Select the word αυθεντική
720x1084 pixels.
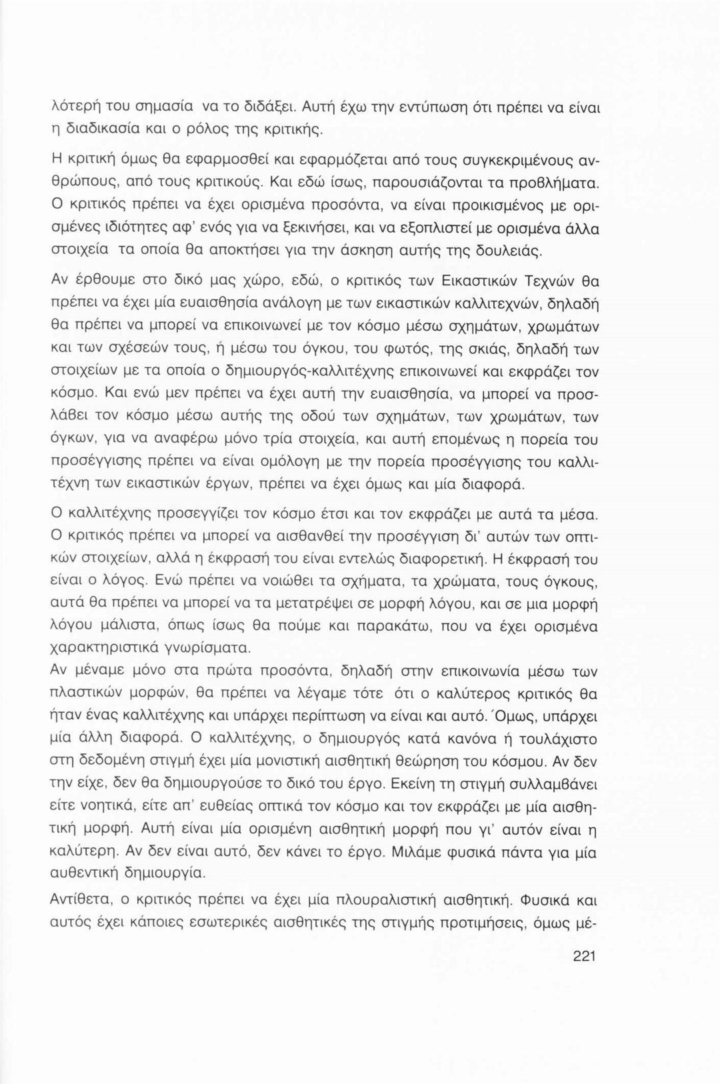coord(88,872)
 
